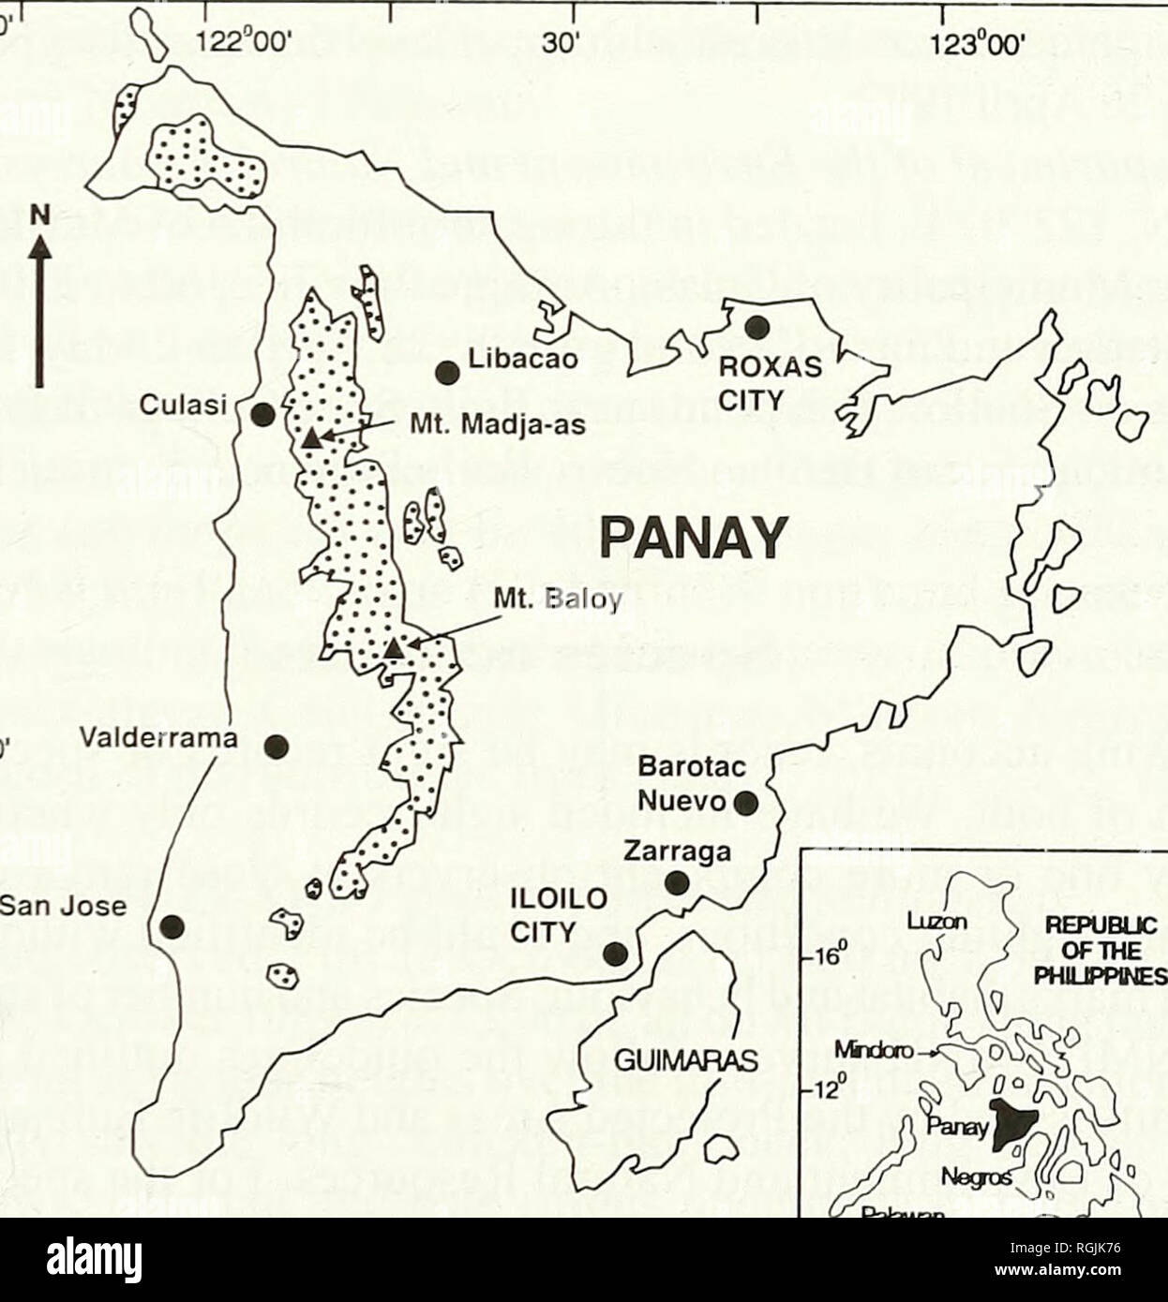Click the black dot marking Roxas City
point(756,327)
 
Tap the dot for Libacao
point(447,373)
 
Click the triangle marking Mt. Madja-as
point(311,437)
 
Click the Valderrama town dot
point(276,747)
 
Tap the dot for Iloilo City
point(615,954)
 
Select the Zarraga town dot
point(676,882)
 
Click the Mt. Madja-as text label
point(498,428)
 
